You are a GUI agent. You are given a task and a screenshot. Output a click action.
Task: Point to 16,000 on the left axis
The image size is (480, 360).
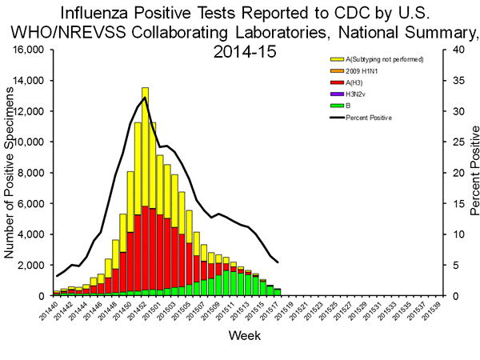pos(30,50)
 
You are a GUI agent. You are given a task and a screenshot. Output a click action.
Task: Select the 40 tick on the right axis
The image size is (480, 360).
pos(454,50)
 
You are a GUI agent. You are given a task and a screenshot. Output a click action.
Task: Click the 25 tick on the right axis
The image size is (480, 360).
pos(454,142)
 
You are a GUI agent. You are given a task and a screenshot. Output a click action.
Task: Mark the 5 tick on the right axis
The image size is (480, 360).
pos(451,265)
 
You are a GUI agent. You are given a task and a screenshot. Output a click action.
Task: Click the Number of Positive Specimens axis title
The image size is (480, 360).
pos(10,173)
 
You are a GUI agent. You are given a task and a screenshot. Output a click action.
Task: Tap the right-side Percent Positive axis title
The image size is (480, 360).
pos(473,173)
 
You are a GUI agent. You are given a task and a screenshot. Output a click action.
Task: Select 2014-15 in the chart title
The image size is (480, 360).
pos(244,50)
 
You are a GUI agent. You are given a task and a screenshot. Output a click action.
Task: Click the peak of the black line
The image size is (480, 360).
pos(144,98)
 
